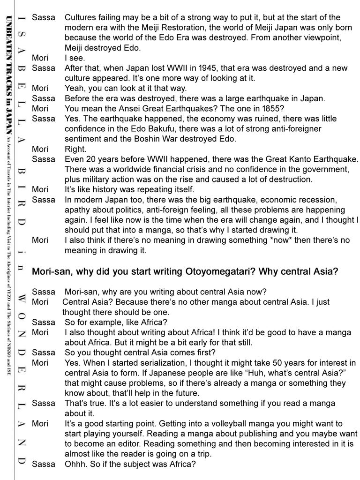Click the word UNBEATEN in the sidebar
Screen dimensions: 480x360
pyautogui.click(x=10, y=37)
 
